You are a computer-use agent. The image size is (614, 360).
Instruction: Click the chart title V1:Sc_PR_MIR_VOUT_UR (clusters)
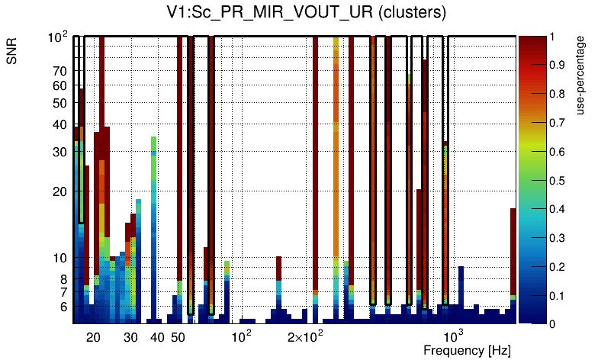coord(306,13)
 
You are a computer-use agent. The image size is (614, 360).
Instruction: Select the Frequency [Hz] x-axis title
coord(467,350)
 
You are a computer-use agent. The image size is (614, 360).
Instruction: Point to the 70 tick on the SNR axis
coord(59,71)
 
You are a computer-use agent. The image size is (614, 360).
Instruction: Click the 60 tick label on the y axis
coord(59,85)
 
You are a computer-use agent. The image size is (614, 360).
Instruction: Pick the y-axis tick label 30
coord(59,152)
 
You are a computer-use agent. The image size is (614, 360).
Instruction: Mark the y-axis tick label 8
coord(63,279)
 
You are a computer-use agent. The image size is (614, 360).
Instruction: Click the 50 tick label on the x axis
coord(177,337)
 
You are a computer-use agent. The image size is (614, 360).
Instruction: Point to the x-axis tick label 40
coord(156,337)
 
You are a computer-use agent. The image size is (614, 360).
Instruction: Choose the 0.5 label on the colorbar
coord(558,181)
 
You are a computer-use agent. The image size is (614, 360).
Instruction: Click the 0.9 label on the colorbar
coord(558,66)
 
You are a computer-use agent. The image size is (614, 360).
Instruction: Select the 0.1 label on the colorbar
coord(558,296)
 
